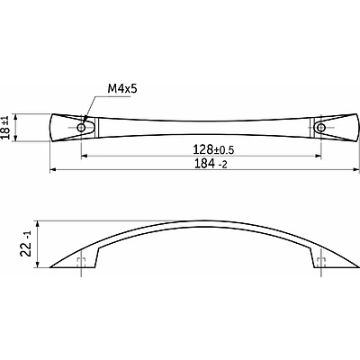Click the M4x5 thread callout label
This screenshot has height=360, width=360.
pos(122,88)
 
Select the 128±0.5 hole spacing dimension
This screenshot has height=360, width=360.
pos(213,149)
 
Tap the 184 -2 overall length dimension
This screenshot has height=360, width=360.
pos(211,164)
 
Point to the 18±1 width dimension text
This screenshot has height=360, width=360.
pos(5,128)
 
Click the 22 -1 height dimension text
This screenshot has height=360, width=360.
pos(26,243)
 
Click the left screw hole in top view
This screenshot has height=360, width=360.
pos(81,128)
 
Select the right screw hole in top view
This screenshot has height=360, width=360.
pos(321,128)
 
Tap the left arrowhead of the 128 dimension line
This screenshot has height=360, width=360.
pos(85,156)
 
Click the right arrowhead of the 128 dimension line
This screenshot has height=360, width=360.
pos(318,156)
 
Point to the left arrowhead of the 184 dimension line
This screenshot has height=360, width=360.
pos(53,170)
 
